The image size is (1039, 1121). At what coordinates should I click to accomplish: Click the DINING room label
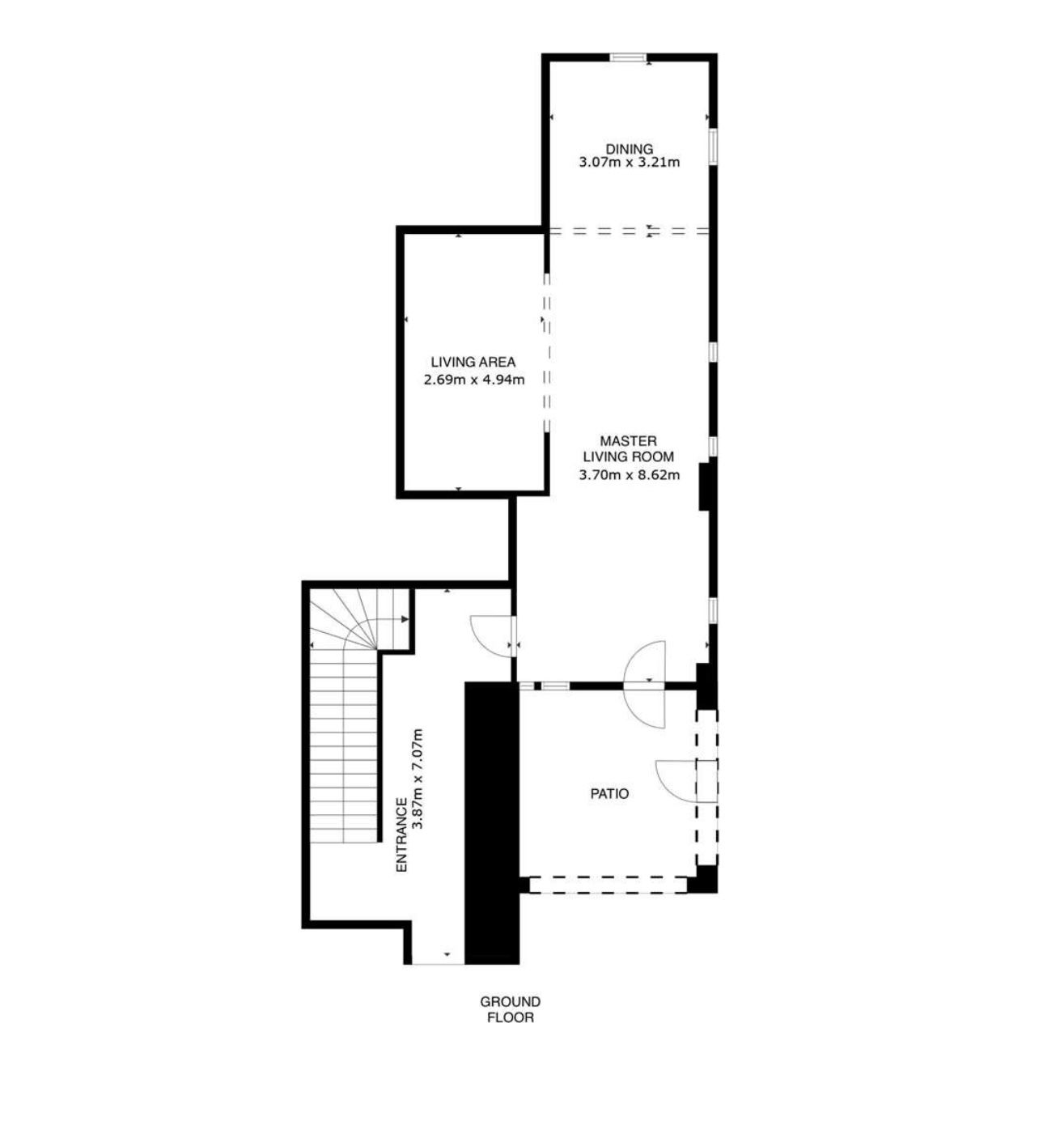(630, 149)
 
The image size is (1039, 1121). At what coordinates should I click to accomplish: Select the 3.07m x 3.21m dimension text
(630, 163)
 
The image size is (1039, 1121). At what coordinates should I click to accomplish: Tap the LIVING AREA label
(473, 362)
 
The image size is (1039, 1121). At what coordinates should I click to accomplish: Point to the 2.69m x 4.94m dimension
(474, 380)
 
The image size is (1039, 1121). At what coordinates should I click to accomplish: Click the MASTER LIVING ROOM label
(628, 448)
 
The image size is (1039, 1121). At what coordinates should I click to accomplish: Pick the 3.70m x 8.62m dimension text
(630, 474)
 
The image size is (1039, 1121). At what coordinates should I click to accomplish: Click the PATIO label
(609, 794)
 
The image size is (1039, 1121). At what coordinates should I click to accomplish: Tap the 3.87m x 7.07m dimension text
(418, 779)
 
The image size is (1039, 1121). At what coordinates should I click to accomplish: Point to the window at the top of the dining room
(628, 57)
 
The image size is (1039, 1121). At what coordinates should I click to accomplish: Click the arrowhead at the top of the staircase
(405, 619)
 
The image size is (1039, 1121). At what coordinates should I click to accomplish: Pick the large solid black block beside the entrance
(491, 822)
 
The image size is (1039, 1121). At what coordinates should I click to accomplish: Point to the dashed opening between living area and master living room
(546, 354)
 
